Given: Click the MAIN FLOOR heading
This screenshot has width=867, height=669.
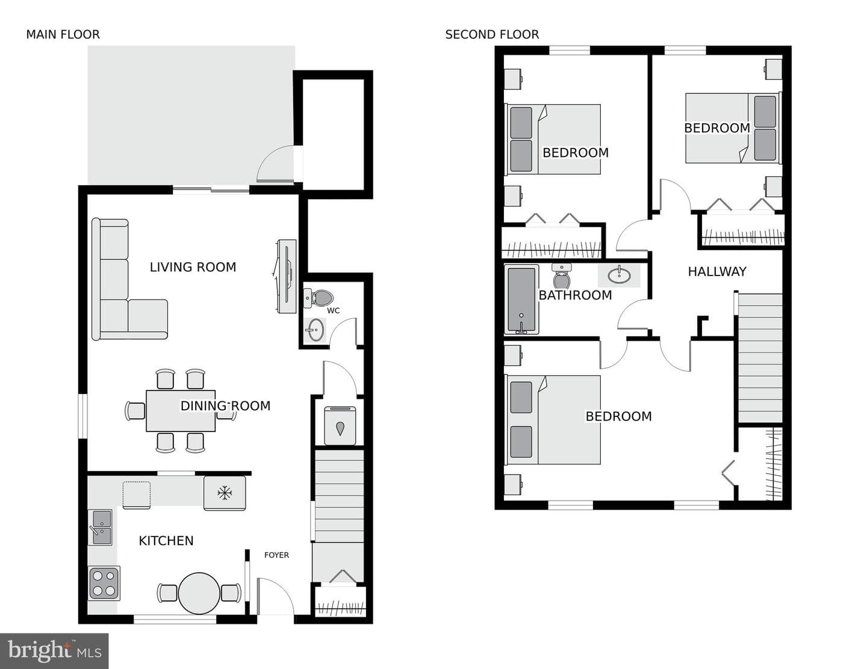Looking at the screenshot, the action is [63, 35].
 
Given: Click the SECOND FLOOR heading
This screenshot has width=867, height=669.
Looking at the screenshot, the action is [492, 35].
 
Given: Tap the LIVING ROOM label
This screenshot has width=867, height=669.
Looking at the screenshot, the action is [193, 267].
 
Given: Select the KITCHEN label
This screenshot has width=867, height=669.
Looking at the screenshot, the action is [166, 541].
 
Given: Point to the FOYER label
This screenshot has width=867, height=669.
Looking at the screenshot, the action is [276, 555].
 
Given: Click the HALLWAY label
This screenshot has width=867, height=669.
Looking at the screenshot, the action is [717, 271].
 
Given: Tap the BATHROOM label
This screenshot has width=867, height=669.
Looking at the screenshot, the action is [575, 295].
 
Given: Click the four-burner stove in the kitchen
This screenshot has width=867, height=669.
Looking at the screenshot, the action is [104, 584].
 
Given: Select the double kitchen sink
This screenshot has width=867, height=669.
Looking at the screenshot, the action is [100, 528].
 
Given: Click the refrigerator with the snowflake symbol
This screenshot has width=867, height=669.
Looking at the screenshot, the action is [225, 493].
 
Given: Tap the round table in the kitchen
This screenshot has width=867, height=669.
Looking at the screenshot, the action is [199, 594].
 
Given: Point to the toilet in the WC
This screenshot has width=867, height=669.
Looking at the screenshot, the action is [319, 298].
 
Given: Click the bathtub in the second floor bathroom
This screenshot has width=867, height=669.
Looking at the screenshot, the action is [521, 300].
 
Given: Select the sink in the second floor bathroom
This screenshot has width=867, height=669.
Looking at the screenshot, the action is [619, 275].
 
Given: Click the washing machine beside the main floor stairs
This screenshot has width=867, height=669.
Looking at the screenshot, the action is [340, 425].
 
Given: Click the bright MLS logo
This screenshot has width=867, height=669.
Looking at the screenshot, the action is [54, 651].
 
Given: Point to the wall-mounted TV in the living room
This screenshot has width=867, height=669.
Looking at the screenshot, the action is [287, 276].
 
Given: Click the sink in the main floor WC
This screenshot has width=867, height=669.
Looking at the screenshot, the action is [315, 330].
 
